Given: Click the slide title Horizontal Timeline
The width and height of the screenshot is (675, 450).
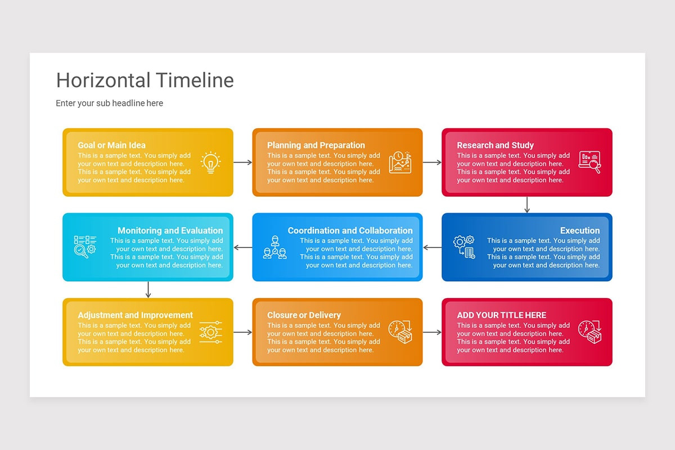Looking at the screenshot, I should [145, 80].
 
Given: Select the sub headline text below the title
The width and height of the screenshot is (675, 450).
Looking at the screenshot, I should [109, 103].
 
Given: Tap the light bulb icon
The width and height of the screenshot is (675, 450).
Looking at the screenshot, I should [211, 162].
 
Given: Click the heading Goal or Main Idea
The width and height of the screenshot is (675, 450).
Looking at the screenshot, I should [111, 145].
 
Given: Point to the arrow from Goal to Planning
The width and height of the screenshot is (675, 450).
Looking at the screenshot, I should [242, 163].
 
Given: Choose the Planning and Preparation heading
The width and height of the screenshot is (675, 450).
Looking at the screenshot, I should [316, 145].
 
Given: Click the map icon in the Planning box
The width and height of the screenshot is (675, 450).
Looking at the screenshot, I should [400, 162].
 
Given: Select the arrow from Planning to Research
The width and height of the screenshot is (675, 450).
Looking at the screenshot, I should [432, 163].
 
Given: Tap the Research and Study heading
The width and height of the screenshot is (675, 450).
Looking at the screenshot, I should [495, 145].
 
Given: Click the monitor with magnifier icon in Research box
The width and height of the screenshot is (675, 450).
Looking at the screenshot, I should [589, 162].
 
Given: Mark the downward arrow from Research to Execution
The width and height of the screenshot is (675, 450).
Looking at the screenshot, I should [527, 205].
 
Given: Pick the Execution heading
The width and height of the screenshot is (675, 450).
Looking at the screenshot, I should [580, 231].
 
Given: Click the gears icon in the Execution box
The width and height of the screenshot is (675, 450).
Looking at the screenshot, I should [465, 247].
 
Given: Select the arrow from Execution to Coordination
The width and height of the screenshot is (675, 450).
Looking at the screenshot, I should [432, 247].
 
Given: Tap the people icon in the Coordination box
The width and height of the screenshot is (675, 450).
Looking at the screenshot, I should [274, 247].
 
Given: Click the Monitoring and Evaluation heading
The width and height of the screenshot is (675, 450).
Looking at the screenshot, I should [170, 231].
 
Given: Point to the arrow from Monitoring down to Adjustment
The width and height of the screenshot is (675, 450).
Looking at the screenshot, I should [148, 290].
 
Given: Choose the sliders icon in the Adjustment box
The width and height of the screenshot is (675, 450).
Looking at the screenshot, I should [211, 332].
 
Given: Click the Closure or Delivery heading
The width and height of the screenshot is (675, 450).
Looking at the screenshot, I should [304, 315].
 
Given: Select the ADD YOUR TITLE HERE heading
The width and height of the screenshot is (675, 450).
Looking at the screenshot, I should [501, 315].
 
